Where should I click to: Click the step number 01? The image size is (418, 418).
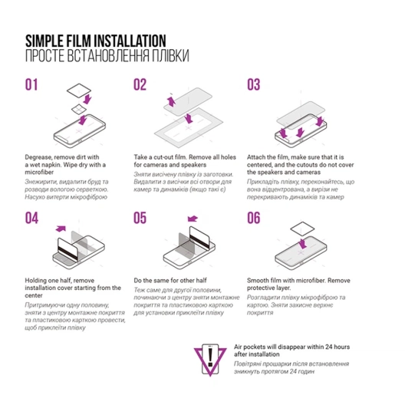click(31, 85)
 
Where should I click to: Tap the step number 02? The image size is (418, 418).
click(140, 85)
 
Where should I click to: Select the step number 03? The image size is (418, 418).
click(253, 85)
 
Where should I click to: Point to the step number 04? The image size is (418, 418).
click(31, 218)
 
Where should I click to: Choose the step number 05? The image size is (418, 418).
click(140, 218)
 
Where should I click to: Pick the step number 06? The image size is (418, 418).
click(254, 218)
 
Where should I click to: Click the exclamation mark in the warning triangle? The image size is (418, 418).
click(210, 357)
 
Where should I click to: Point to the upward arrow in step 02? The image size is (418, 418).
click(171, 101)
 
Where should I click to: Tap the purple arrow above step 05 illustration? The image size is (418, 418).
click(193, 219)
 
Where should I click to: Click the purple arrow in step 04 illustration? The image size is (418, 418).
click(61, 229)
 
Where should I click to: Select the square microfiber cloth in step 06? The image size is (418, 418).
click(302, 229)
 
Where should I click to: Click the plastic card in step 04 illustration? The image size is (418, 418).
click(67, 251)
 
